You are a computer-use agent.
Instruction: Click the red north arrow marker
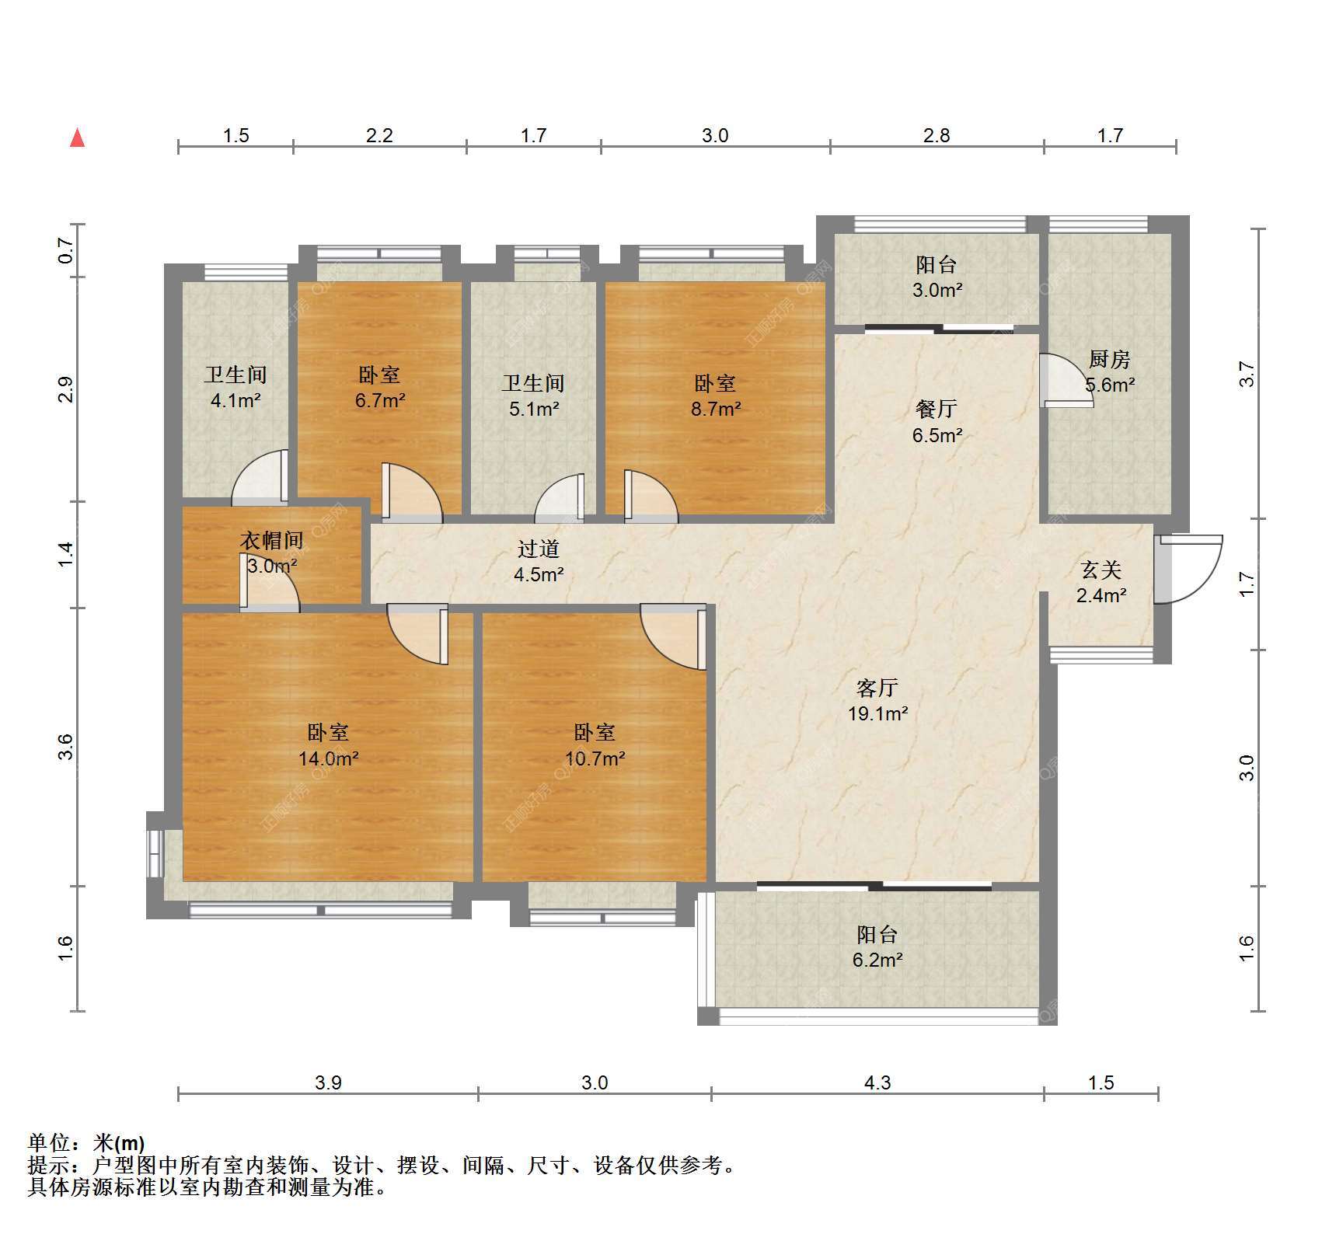click(x=77, y=138)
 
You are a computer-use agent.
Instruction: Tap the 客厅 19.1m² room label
click(x=877, y=700)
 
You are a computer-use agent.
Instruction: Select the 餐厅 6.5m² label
click(x=937, y=422)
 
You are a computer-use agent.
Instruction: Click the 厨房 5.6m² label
click(x=1109, y=371)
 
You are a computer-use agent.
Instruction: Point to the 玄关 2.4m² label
click(x=1101, y=583)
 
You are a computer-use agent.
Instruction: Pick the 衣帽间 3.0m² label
click(x=271, y=553)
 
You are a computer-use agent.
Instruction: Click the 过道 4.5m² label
click(x=538, y=562)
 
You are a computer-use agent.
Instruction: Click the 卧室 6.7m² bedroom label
click(x=380, y=387)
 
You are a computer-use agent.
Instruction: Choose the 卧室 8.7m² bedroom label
click(x=715, y=396)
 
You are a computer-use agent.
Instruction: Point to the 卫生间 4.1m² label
click(x=235, y=387)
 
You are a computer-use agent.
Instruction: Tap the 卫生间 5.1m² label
click(x=533, y=396)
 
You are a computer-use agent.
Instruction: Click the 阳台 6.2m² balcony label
click(x=877, y=946)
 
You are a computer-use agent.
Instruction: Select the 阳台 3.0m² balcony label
click(x=937, y=277)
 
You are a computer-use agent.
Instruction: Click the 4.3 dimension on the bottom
click(x=877, y=1082)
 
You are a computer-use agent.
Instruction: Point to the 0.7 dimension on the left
click(x=66, y=250)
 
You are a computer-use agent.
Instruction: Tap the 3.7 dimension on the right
click(x=1247, y=374)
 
